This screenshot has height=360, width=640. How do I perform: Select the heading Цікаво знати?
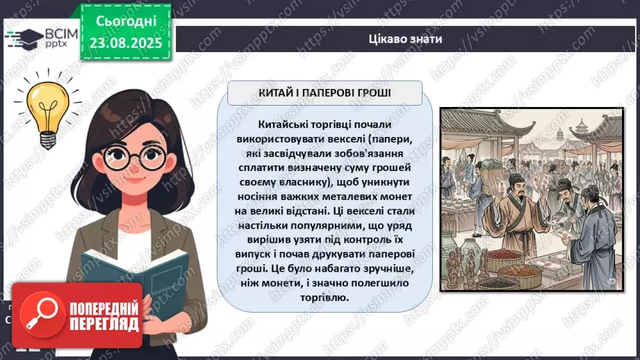tap(406, 39)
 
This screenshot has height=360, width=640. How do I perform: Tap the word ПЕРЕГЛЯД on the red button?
tap(103, 322)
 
